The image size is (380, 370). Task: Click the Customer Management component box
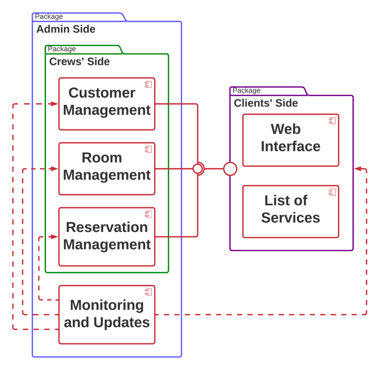[x=107, y=104]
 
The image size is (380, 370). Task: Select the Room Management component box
[x=107, y=169]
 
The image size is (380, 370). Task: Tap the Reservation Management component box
[x=107, y=237]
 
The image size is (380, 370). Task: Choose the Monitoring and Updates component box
[x=107, y=314]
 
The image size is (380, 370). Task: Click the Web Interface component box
[x=291, y=140]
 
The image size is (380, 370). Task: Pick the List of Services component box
[x=291, y=211]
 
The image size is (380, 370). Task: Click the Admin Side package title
[x=66, y=29]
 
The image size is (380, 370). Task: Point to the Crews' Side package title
[x=79, y=61]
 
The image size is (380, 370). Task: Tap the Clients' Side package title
[x=266, y=103]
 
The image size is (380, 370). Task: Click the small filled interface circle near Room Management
[x=198, y=169]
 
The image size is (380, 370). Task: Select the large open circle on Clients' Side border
[x=230, y=169]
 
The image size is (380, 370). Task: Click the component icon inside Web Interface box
[x=332, y=120]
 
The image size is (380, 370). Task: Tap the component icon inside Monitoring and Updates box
[x=148, y=292]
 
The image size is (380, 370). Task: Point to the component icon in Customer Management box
[x=148, y=84]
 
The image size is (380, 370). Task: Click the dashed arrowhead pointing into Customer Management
[x=55, y=104]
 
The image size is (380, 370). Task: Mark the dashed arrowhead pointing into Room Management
[x=55, y=169]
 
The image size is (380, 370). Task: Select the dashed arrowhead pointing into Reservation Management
[x=55, y=237]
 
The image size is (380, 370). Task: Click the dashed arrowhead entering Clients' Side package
[x=357, y=169]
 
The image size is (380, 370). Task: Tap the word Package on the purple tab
[x=246, y=91]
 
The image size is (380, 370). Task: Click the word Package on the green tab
[x=62, y=49]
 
